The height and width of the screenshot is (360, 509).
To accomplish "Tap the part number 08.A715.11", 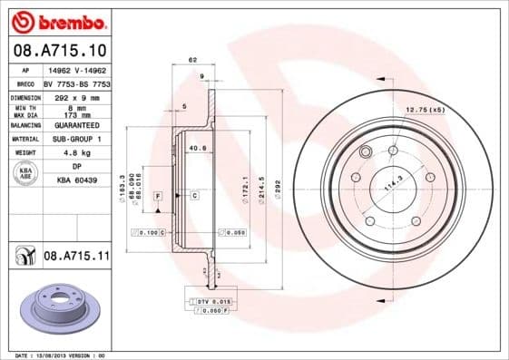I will (x=76, y=257).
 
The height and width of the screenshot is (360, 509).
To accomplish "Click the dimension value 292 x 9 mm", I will (x=77, y=95).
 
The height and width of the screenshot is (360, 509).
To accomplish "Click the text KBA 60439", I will (x=77, y=180).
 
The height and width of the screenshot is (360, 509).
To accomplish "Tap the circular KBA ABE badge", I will (x=25, y=173).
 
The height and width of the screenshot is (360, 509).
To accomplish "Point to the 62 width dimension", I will (x=192, y=60).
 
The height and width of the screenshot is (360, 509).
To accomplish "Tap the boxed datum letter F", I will (x=158, y=196).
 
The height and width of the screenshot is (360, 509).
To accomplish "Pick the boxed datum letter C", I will (x=194, y=196).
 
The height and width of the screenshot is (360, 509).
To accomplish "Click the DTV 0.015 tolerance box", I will (x=212, y=300).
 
